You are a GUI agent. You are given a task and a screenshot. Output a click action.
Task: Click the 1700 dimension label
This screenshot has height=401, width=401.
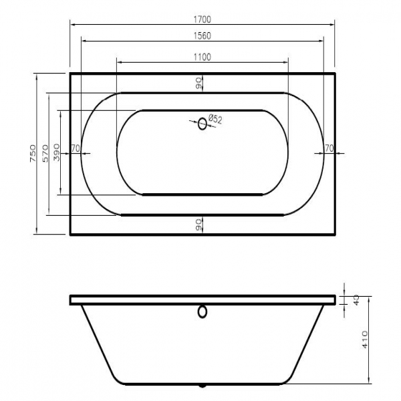click(202, 19)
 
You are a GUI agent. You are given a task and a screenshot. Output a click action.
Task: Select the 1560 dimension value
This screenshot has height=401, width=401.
click(202, 36)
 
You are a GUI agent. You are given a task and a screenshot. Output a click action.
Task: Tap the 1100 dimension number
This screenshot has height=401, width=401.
click(202, 57)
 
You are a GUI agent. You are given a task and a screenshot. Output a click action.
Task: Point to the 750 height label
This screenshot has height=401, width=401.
click(33, 154)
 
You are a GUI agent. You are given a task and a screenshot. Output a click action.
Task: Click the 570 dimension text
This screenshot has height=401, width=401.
click(45, 154)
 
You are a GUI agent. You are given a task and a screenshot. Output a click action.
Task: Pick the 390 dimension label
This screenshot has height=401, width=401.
click(57, 152)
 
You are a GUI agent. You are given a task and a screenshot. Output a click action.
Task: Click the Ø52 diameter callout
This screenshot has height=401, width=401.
click(215, 120)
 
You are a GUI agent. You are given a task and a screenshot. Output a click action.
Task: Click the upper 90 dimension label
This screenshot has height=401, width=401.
click(198, 84)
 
